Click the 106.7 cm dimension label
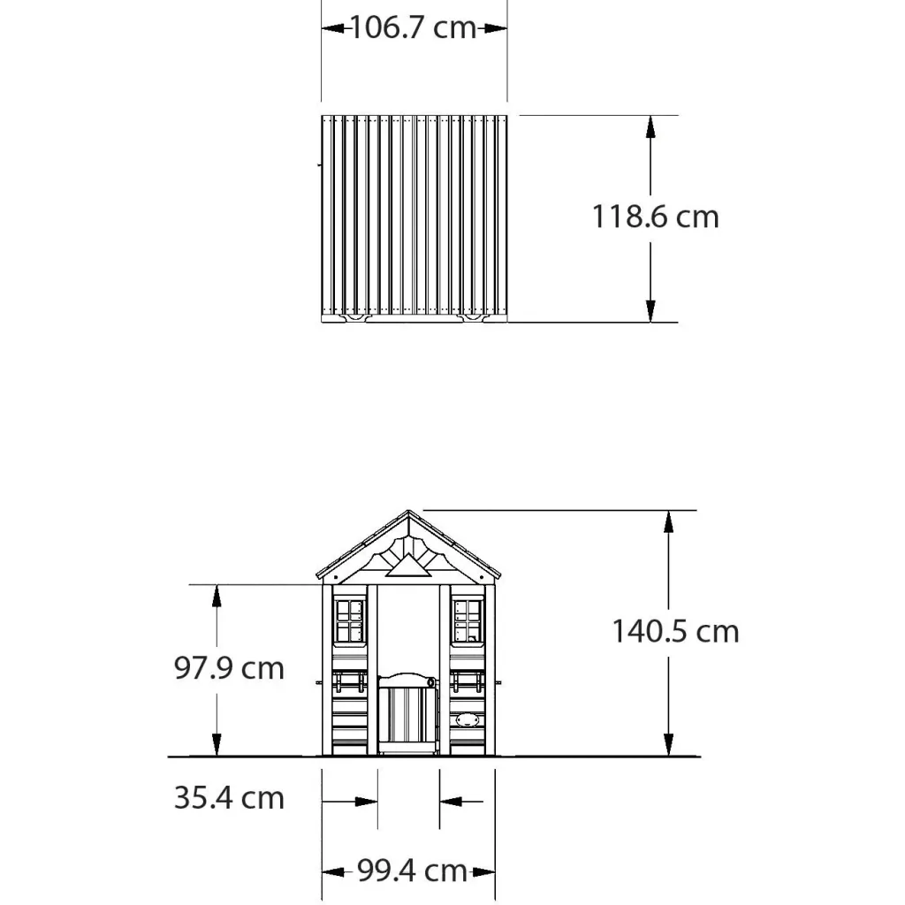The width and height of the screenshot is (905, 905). (x=414, y=27)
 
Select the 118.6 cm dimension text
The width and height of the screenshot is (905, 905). (x=656, y=217)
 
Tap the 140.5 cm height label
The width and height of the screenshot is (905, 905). (x=675, y=631)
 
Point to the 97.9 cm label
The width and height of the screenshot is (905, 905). (x=229, y=668)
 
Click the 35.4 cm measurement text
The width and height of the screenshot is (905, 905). (x=229, y=798)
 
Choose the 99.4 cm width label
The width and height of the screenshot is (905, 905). (x=412, y=871)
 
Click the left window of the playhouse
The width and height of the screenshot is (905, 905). (x=350, y=621)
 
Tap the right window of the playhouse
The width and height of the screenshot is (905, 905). (x=468, y=621)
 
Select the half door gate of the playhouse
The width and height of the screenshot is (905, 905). (x=408, y=713)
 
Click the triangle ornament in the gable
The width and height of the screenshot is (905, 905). (x=408, y=567)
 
